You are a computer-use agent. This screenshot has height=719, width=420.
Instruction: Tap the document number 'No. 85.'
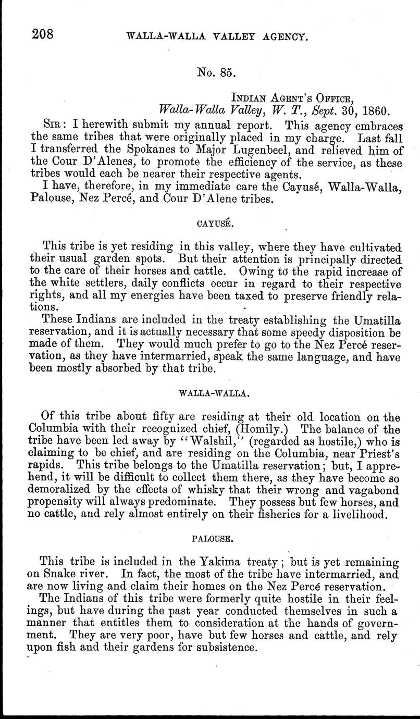tap(217, 72)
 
